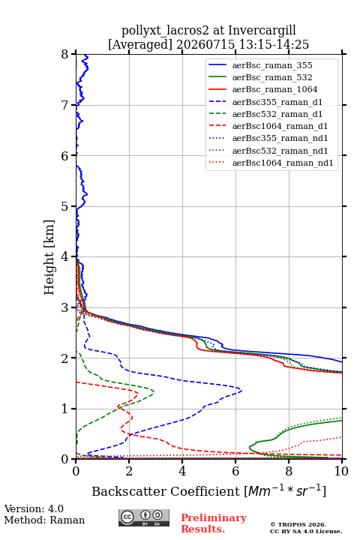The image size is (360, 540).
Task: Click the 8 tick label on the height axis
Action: click(65, 54)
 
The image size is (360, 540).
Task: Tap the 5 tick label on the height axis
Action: click(65, 206)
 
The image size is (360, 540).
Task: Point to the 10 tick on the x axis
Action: click(342, 471)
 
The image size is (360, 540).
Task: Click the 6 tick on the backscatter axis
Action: click(235, 471)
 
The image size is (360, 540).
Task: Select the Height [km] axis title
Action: click(49, 257)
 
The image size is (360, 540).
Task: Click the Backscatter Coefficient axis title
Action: click(208, 491)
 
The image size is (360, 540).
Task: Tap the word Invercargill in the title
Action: click(262, 31)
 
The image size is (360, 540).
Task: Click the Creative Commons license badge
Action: click(144, 517)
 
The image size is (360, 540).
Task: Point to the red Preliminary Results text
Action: click(214, 523)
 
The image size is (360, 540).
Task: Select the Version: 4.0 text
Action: click(34, 508)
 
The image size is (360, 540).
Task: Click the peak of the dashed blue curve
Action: click(241, 391)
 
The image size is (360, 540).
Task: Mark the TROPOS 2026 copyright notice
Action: click(298, 524)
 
